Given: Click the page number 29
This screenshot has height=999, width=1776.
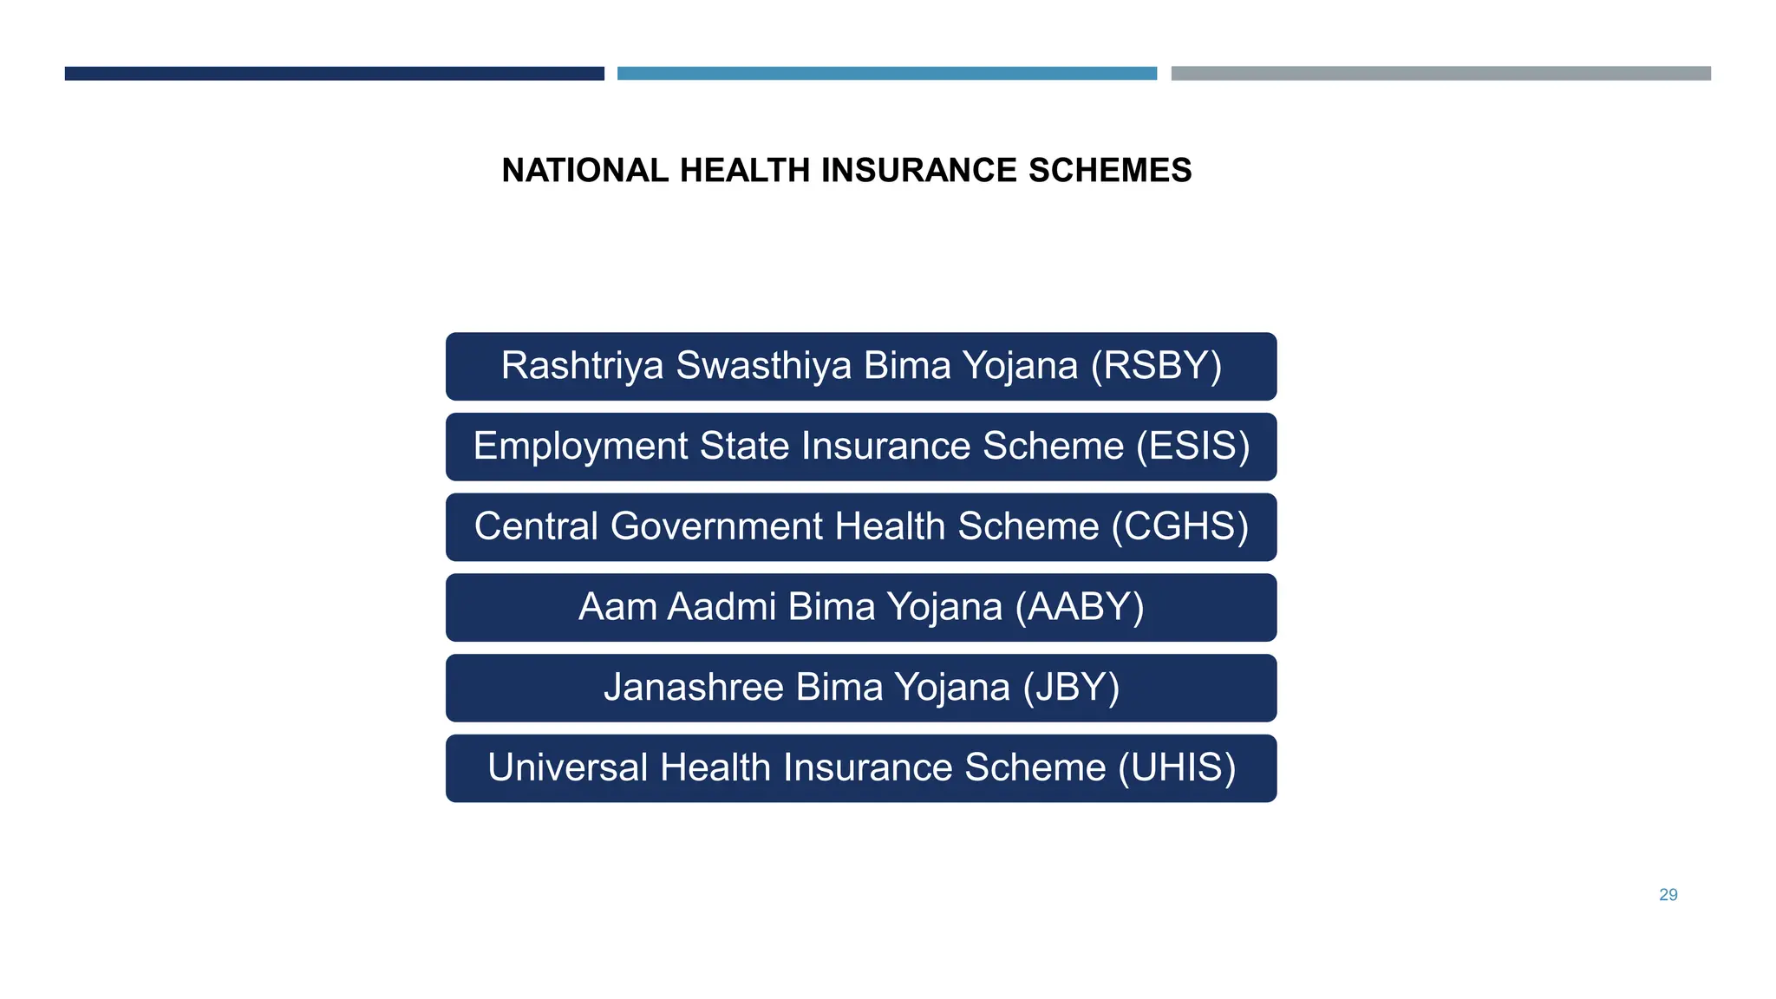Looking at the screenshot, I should [1668, 895].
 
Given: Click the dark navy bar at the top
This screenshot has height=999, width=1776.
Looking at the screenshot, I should [334, 74].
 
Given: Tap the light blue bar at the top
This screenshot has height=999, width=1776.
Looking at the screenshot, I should [886, 74].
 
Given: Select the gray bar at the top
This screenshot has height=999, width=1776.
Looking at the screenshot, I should [1440, 74].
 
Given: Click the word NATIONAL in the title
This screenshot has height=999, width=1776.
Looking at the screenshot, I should [584, 171].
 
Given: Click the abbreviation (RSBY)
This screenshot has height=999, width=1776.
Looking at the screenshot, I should [1156, 366].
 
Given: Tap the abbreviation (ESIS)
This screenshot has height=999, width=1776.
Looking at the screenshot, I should [1193, 447].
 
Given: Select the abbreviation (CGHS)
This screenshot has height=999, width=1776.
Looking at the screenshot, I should [1180, 527].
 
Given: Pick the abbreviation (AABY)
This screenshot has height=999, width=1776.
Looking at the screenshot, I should [1080, 607].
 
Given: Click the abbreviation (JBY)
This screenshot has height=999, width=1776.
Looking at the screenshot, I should [1071, 688].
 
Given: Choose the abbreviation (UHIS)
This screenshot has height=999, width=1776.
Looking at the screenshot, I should [1177, 768].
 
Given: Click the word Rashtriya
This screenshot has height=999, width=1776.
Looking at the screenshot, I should [582, 366].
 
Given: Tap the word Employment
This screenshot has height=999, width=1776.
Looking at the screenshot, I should [581, 447].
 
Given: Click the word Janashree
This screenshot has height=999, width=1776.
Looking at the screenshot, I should [694, 688].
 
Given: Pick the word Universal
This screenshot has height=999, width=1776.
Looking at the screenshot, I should [567, 768].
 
